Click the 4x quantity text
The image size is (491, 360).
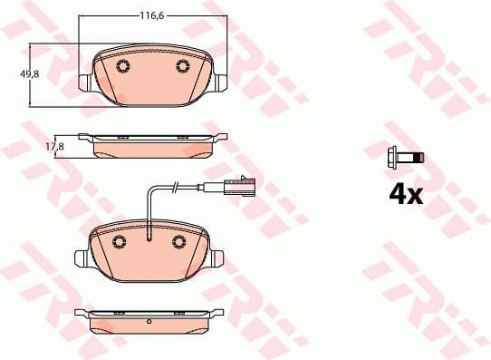(404, 193)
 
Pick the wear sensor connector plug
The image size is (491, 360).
(242, 188)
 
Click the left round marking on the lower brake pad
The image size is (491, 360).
(117, 241)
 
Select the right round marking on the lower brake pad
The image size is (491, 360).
(179, 241)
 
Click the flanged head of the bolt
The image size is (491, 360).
(392, 157)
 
